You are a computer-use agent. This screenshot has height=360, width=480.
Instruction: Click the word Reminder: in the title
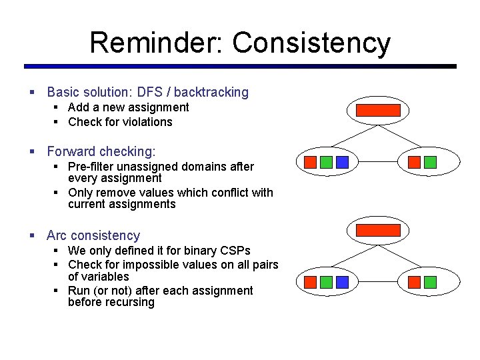click(157, 43)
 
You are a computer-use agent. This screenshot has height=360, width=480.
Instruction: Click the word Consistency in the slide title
click(311, 43)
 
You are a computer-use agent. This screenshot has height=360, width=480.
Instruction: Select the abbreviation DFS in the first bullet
click(147, 92)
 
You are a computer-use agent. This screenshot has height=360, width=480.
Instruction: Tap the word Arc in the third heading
click(57, 235)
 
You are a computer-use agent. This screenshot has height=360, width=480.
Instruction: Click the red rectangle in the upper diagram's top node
click(378, 111)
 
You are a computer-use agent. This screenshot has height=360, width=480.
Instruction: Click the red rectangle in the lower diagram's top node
click(378, 231)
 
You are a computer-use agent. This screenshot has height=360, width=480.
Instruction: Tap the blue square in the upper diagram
click(342, 162)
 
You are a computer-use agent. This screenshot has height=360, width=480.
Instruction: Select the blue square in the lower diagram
click(342, 282)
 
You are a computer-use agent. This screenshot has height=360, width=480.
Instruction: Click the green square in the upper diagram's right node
click(430, 162)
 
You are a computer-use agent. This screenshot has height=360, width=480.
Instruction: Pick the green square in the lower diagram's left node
click(326, 282)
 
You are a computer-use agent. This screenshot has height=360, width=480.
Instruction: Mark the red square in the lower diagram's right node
click(414, 282)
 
